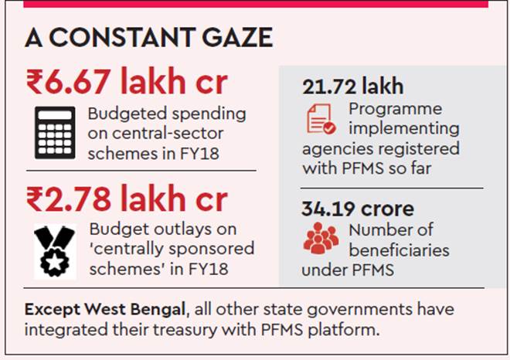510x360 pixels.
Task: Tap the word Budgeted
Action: point(123,114)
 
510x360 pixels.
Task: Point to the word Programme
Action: point(395,108)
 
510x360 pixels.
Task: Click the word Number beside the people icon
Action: point(379,230)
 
